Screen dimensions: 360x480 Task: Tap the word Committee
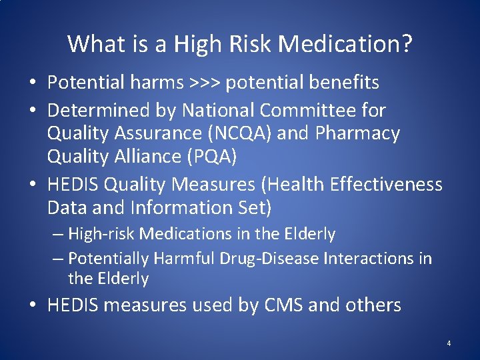tap(307, 109)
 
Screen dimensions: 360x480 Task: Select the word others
tap(369, 305)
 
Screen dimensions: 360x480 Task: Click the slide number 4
tap(449, 343)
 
